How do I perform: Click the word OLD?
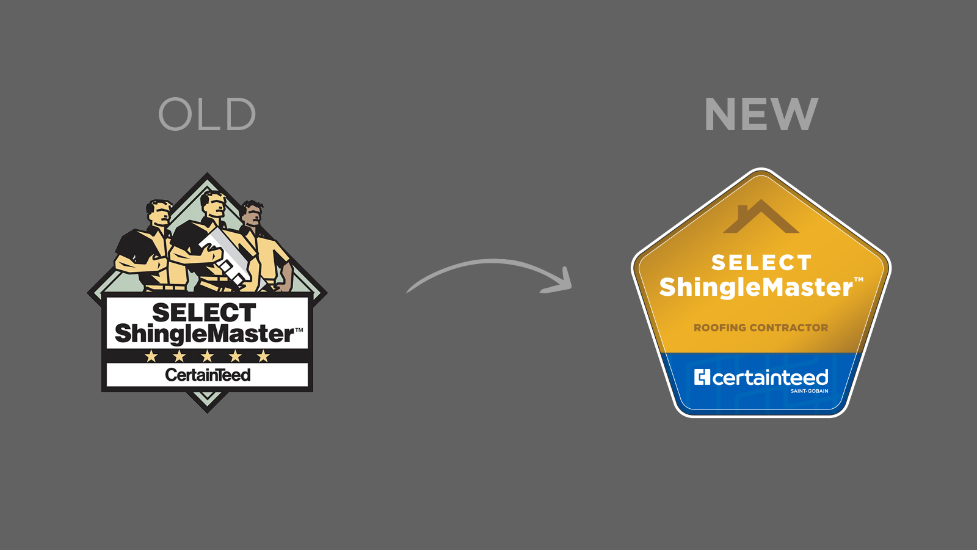pos(207,114)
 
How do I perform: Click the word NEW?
pos(761,114)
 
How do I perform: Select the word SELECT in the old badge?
pos(204,312)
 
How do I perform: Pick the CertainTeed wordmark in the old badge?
pos(208,375)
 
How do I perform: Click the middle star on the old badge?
pos(208,356)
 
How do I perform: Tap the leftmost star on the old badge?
pos(151,356)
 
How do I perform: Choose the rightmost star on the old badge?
pos(264,356)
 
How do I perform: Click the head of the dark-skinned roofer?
pos(252,213)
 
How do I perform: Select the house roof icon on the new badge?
pos(761,218)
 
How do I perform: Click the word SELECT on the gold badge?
pos(761,263)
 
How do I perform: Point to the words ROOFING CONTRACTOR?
pos(761,328)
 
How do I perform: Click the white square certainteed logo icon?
pos(702,378)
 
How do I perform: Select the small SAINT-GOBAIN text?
pos(809,391)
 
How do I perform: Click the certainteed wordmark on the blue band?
pos(770,378)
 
